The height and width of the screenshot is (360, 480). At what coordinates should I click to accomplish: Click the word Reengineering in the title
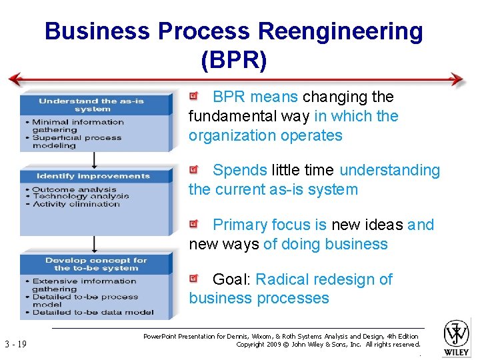point(340,31)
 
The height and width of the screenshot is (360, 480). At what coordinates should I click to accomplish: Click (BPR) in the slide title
point(233,61)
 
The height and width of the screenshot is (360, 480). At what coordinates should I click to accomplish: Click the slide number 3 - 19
point(15,344)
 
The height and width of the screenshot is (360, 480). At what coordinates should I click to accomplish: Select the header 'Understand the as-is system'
point(92,105)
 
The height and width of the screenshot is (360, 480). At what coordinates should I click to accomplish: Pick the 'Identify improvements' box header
point(93,176)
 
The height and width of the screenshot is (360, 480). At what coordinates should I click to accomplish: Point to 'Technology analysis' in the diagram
point(81,197)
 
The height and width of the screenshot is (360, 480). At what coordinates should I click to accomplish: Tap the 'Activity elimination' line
point(76,204)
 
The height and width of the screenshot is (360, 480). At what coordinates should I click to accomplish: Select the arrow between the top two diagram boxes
point(94,160)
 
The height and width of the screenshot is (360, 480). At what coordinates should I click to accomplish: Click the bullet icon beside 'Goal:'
point(193,279)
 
